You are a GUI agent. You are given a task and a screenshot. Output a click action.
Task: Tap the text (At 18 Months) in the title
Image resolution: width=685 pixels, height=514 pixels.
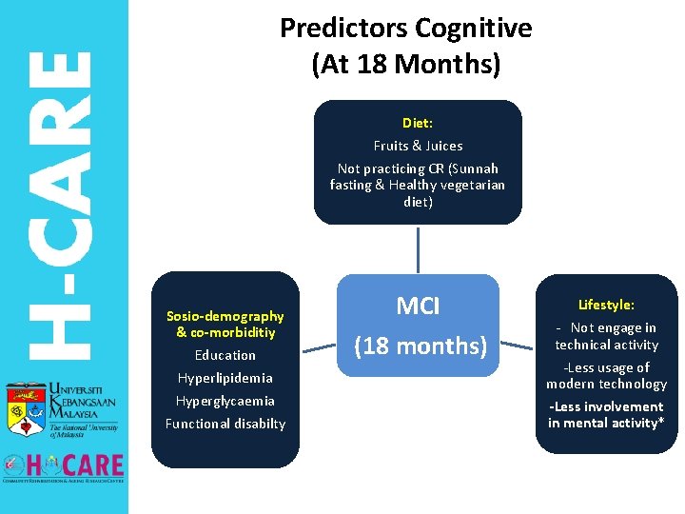point(405,65)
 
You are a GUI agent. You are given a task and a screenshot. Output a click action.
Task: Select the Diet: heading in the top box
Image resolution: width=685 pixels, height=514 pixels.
point(418,123)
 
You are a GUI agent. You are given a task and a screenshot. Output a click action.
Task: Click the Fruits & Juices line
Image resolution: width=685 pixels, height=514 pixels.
point(418,146)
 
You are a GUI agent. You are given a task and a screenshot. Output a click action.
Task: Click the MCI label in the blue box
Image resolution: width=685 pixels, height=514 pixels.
point(418,306)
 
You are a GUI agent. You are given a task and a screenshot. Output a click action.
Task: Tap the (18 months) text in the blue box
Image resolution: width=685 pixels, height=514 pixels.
point(420,346)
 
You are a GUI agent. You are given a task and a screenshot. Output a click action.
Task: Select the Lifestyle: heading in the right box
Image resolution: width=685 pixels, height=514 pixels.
point(606,305)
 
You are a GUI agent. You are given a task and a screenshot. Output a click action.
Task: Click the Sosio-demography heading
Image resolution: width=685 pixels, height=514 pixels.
point(225,316)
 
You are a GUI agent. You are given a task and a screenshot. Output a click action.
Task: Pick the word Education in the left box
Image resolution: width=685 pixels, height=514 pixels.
point(225,355)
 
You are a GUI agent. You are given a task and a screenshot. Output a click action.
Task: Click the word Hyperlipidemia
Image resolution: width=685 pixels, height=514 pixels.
point(225,378)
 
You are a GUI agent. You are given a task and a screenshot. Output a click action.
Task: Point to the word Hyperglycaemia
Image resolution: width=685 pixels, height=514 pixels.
point(225,401)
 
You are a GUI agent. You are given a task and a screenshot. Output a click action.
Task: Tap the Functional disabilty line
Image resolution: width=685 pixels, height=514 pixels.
point(225,424)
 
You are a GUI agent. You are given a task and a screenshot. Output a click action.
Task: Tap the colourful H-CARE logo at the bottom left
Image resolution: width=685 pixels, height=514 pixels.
point(64,465)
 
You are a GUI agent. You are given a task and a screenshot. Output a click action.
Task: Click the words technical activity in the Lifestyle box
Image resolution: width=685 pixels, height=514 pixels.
point(606,345)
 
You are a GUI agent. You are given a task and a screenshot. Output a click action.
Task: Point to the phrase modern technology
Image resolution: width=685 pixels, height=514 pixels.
point(606,384)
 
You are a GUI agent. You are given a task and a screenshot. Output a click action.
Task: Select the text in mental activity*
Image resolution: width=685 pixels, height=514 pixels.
point(606,423)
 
